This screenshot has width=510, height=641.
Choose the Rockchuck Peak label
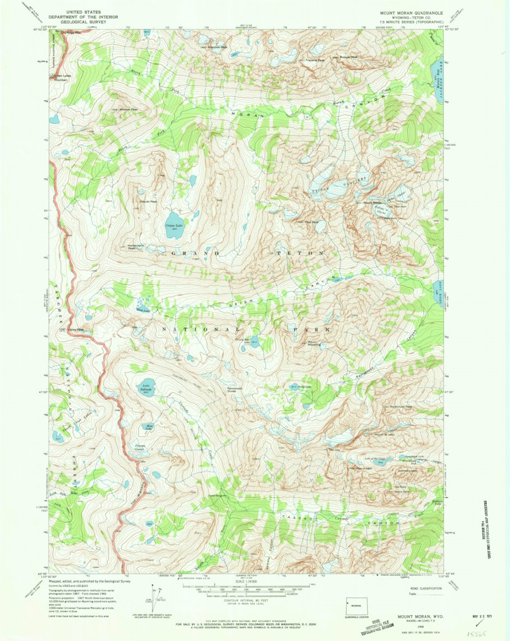[x=400, y=407]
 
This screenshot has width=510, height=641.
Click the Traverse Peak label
[x=315, y=60]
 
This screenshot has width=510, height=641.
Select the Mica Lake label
[x=149, y=428]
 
